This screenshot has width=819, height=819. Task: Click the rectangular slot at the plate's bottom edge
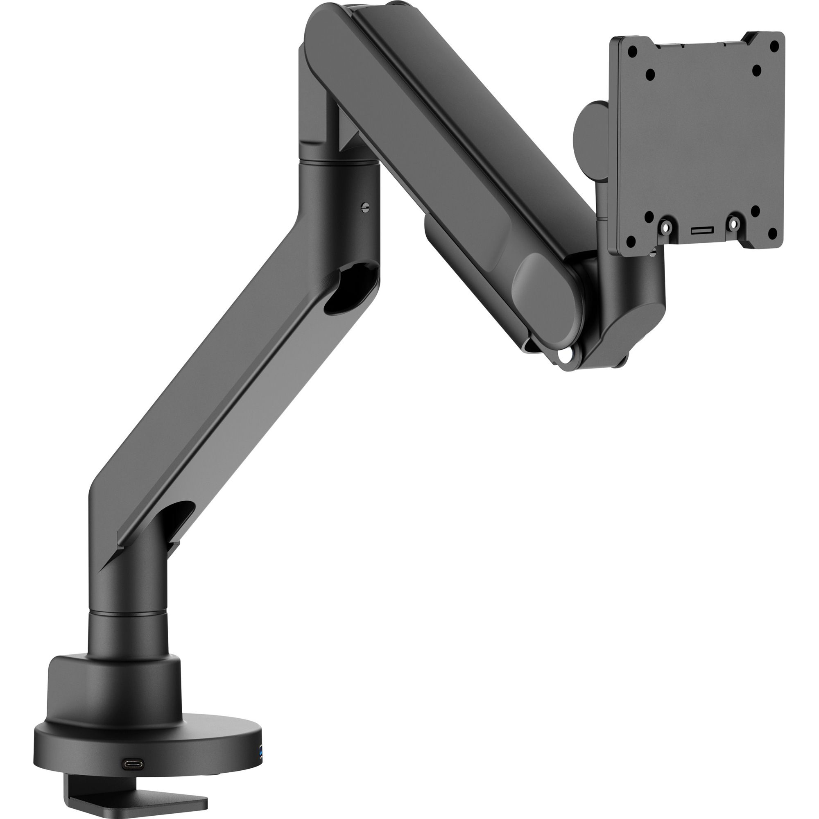702,230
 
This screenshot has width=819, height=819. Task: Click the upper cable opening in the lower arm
352,288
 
